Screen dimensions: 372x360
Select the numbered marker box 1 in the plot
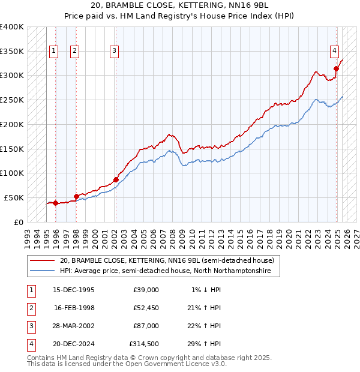[54, 52]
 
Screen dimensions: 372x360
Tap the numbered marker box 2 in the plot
[74, 52]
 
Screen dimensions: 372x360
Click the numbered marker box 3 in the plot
[114, 52]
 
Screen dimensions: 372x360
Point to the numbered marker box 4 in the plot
[334, 52]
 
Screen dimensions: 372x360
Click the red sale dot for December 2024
[336, 68]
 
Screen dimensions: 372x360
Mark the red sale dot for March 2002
[116, 179]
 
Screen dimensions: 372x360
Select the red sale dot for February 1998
[76, 196]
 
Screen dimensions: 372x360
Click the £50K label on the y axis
[14, 197]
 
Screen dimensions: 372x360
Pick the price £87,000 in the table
[146, 326]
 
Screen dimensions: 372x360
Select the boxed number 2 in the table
[30, 308]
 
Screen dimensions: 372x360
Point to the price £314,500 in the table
[144, 344]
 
